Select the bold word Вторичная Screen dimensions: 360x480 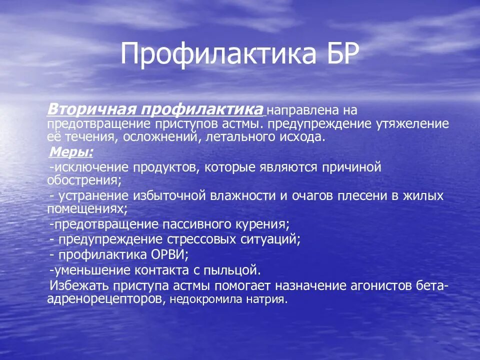coord(91,109)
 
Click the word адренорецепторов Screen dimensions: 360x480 coord(104,299)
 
